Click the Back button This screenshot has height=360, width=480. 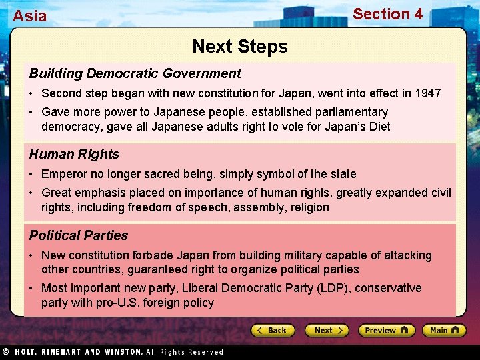click(273, 330)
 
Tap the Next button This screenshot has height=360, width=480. click(327, 330)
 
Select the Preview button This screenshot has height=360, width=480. click(386, 330)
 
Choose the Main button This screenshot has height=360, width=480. click(443, 330)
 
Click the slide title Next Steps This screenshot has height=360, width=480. click(240, 47)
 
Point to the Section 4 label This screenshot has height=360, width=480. click(387, 14)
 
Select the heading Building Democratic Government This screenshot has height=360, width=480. click(135, 73)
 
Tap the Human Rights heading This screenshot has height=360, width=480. click(74, 154)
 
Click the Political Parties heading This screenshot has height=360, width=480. click(79, 235)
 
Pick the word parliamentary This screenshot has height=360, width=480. click(347, 112)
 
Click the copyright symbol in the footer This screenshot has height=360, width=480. click(5, 351)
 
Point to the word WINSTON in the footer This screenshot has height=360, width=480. click(123, 352)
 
